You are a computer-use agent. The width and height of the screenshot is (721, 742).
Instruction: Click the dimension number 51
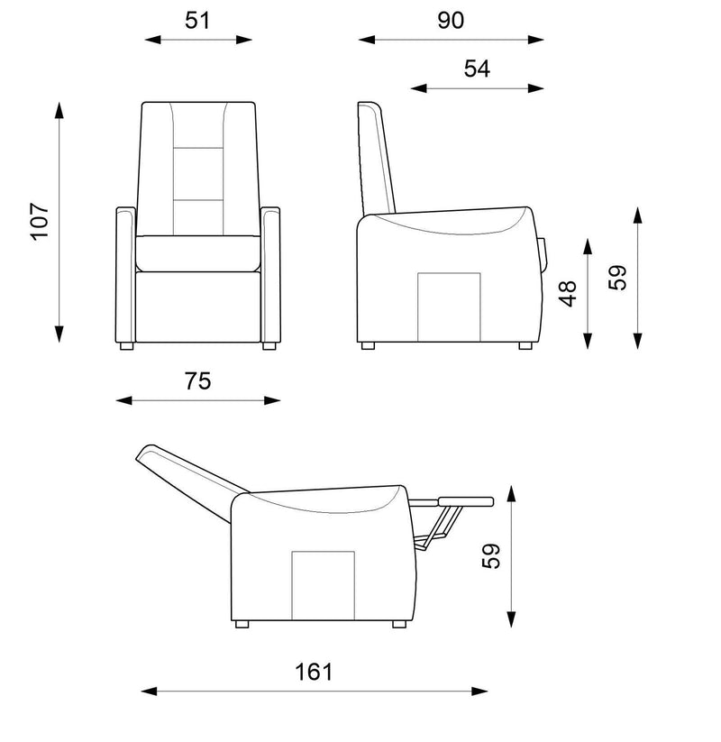196,21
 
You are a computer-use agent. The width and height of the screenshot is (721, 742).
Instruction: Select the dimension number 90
451,21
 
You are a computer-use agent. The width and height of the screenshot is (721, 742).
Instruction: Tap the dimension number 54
477,69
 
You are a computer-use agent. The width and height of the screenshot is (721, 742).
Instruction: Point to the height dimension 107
40,222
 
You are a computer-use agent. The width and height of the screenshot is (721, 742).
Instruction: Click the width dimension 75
197,381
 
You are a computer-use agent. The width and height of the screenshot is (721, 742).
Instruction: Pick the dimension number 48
568,294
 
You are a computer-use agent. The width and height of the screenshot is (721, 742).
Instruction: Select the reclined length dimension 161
314,672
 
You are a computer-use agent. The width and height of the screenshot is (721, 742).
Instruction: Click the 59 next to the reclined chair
490,556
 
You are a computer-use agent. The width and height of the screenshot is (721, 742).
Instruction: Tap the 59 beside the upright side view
617,278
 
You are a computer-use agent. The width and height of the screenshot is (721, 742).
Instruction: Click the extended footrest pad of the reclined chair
466,501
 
